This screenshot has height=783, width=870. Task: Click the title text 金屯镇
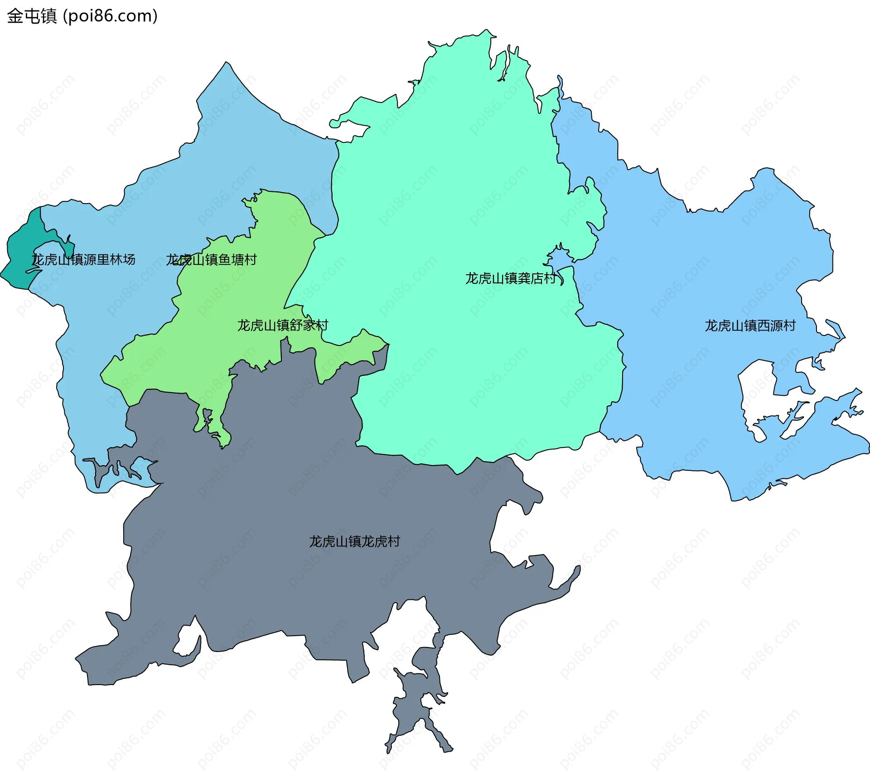point(32,16)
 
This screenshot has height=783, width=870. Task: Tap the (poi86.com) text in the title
point(110,16)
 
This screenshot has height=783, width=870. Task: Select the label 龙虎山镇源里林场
point(83,260)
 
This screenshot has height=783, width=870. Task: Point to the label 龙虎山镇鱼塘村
point(211,260)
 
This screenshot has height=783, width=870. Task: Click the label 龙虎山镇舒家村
point(283,325)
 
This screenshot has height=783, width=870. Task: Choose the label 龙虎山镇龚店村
point(510,278)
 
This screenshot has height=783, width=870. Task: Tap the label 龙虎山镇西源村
point(750,326)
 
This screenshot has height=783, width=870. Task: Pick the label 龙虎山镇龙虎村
point(354,541)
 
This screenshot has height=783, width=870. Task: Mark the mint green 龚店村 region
point(453,181)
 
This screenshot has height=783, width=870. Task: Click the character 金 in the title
point(15,16)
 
